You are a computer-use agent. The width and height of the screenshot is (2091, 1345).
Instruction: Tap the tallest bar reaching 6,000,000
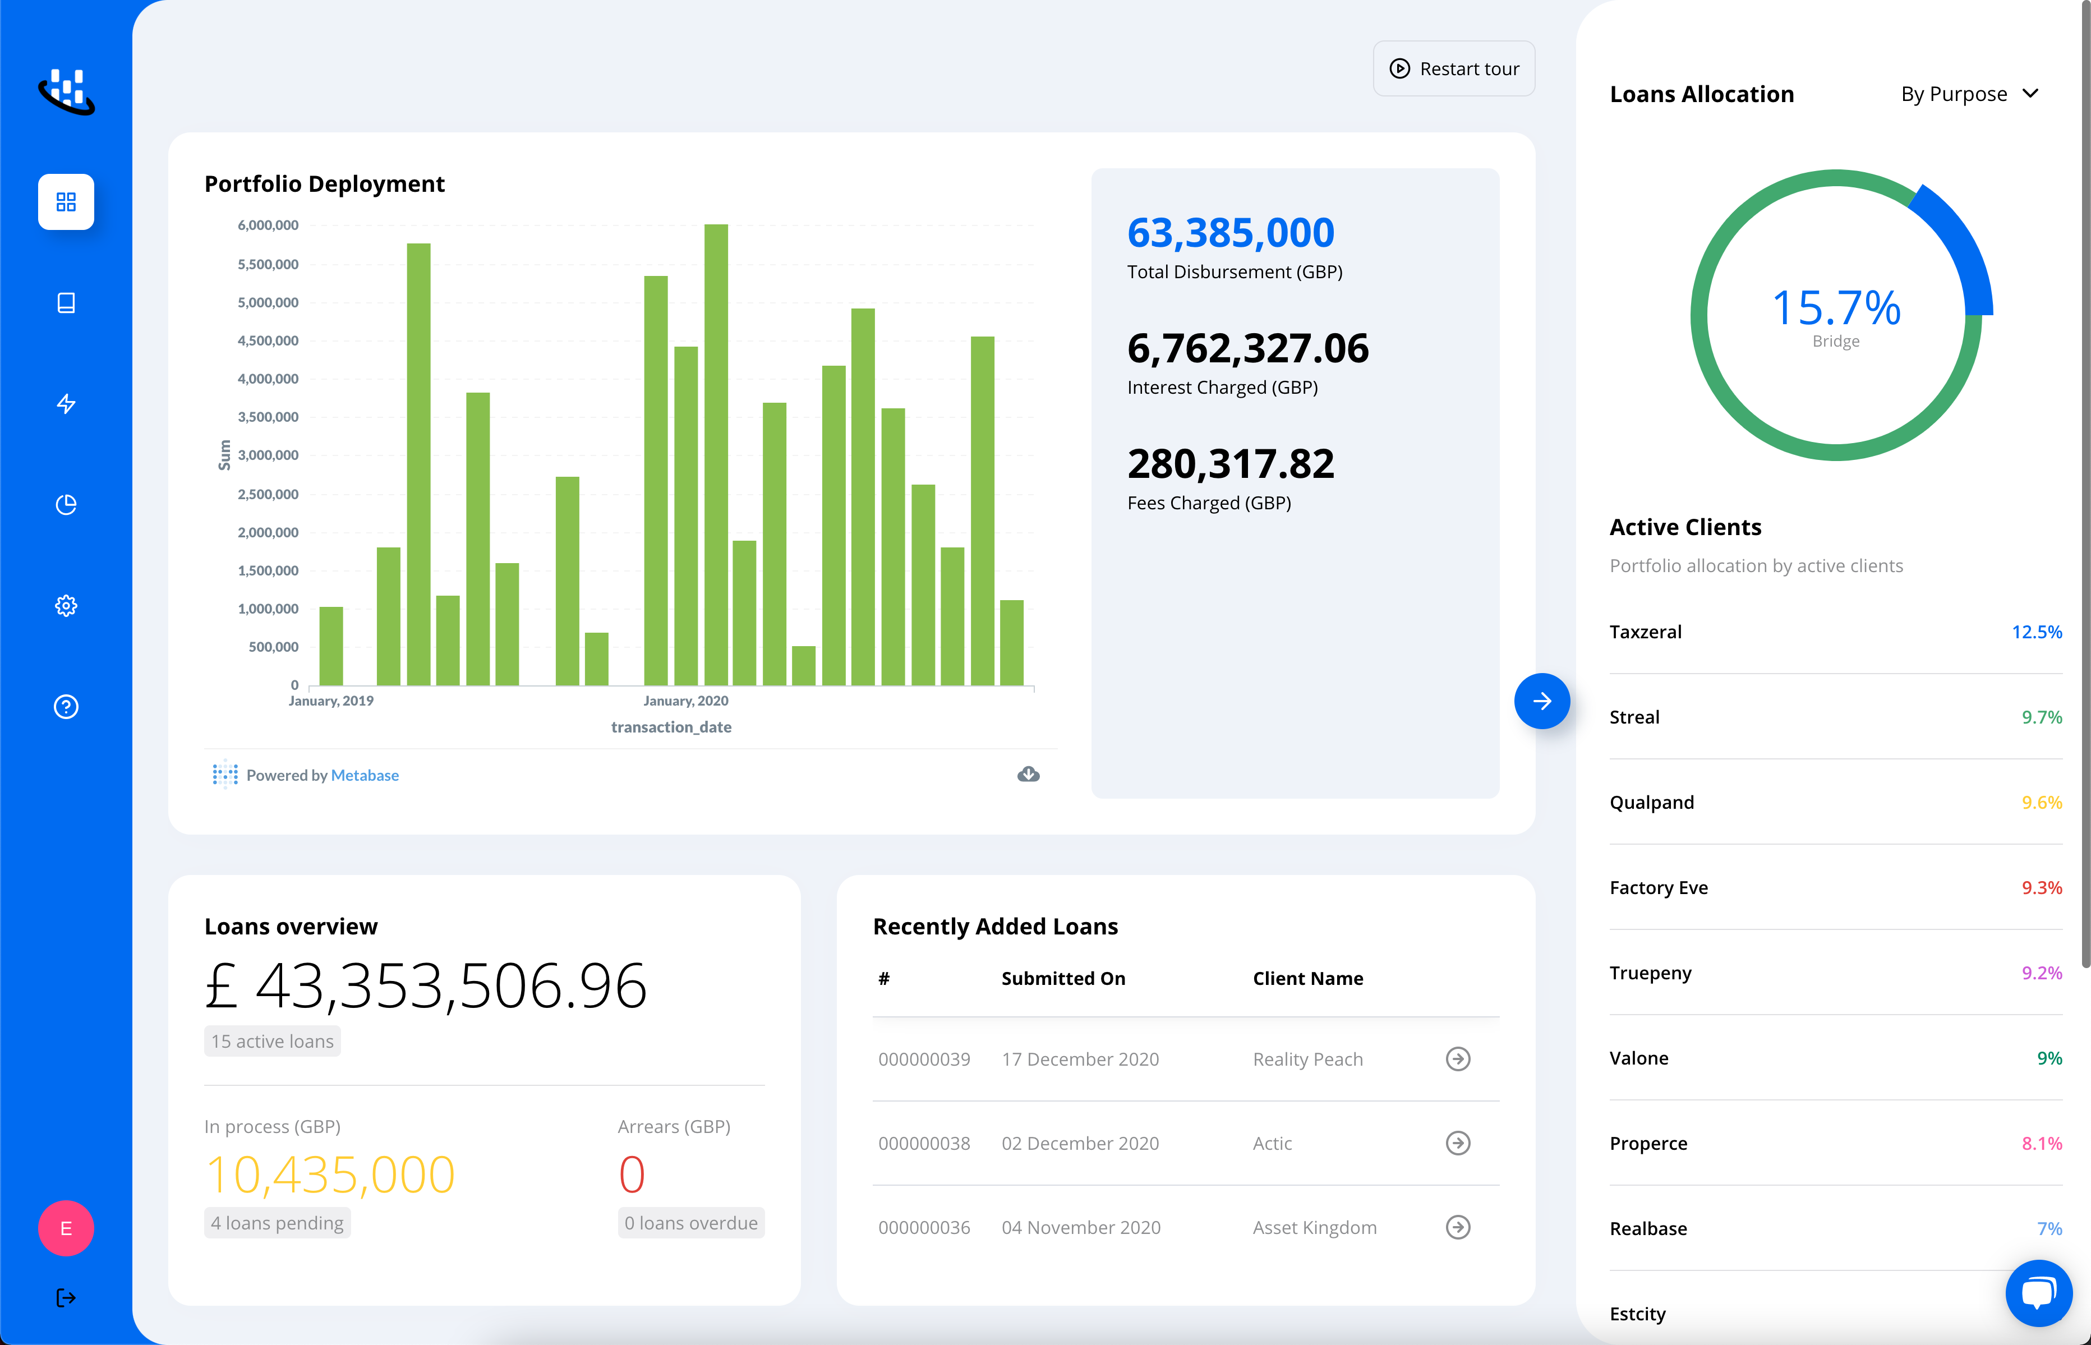[x=715, y=454]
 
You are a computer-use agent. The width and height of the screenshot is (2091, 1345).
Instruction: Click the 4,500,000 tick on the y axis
[x=268, y=340]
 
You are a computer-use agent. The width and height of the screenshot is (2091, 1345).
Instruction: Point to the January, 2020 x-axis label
[x=685, y=701]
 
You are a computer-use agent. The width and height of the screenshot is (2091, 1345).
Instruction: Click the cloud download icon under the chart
[x=1028, y=775]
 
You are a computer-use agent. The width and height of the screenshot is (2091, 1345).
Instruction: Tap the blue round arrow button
[x=1542, y=701]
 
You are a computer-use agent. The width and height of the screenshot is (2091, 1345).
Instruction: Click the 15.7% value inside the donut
[x=1835, y=308]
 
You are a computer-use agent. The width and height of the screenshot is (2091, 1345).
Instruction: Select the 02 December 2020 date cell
[x=1080, y=1143]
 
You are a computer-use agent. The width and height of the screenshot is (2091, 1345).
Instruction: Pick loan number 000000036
[x=924, y=1228]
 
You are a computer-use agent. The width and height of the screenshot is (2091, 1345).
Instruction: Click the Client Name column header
[x=1307, y=979]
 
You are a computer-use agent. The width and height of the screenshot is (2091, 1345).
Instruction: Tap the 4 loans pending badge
[x=277, y=1224]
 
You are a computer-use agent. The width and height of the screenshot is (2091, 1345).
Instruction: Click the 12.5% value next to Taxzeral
[x=2036, y=632]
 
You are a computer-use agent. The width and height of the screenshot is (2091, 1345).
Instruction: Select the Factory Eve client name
[x=1658, y=888]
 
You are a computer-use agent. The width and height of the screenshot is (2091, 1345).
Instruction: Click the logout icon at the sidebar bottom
[x=66, y=1298]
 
